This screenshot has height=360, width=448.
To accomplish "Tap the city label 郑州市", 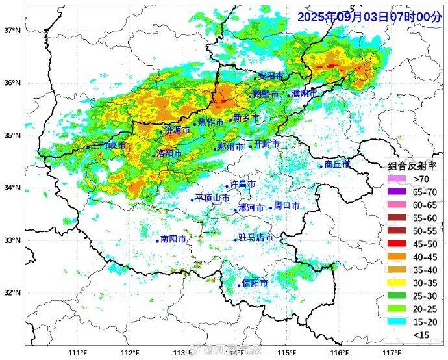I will point(231,148).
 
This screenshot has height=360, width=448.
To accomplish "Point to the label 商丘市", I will point(338,164).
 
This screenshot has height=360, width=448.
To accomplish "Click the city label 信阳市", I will point(255,283).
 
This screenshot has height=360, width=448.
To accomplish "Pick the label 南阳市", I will point(173,239).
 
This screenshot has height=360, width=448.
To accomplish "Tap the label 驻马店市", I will point(256,238).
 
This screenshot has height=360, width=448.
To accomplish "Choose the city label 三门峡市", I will point(108,145).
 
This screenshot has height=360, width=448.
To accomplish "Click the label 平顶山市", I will point(213,198).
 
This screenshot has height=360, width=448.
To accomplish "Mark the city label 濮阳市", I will point(305,94).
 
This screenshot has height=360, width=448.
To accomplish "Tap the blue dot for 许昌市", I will point(227,186).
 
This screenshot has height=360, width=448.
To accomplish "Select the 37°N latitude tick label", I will point(12,31).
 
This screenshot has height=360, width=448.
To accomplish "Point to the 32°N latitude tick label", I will point(12,292).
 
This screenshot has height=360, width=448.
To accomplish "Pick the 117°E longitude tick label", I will point(390,352).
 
